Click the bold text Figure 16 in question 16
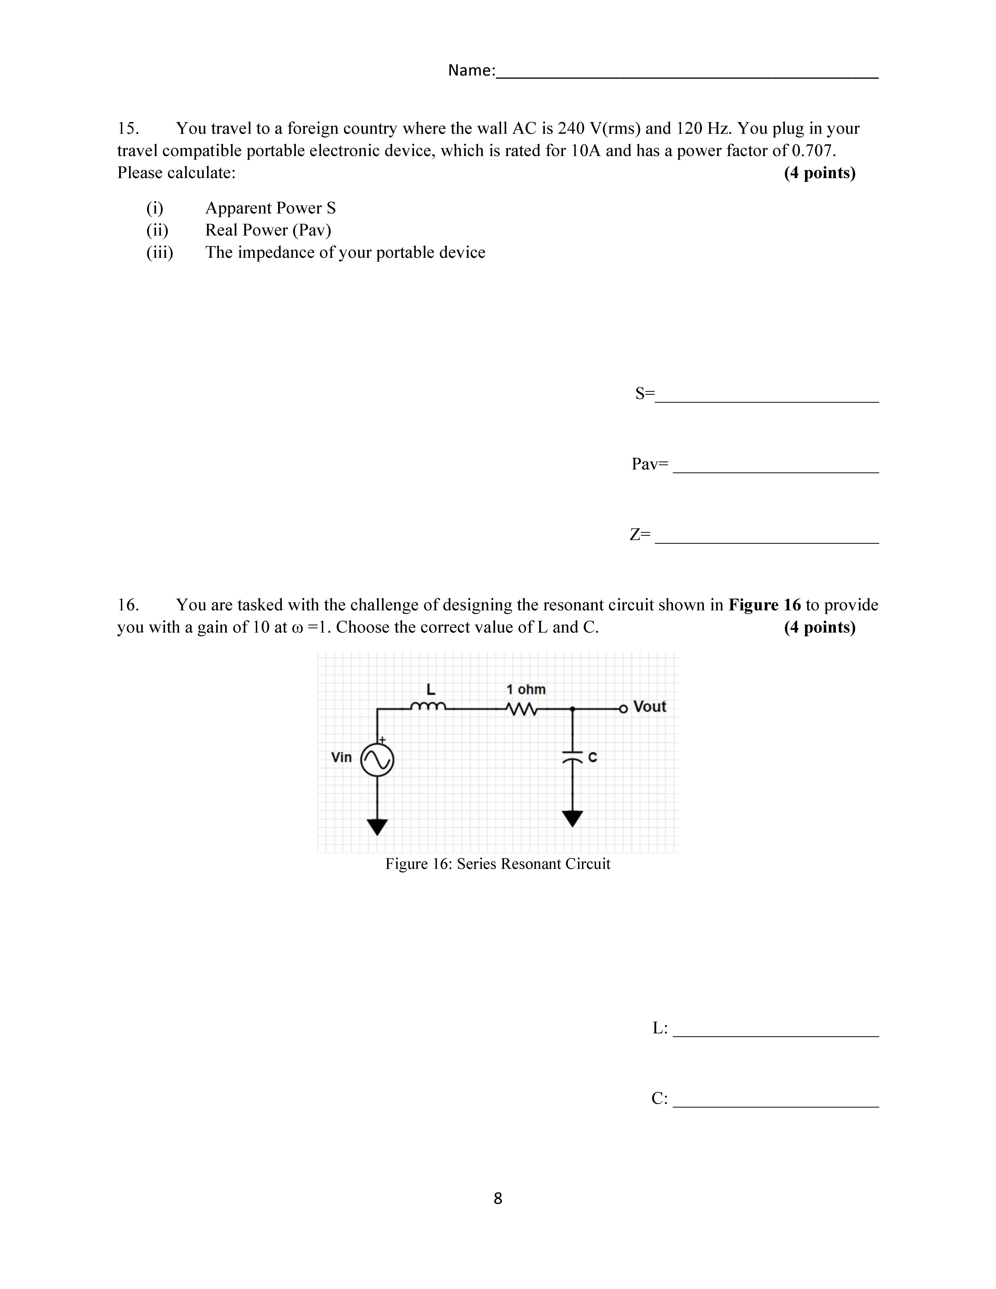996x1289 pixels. click(x=765, y=605)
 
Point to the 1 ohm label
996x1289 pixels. click(x=526, y=689)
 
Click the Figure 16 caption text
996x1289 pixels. click(x=497, y=864)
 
